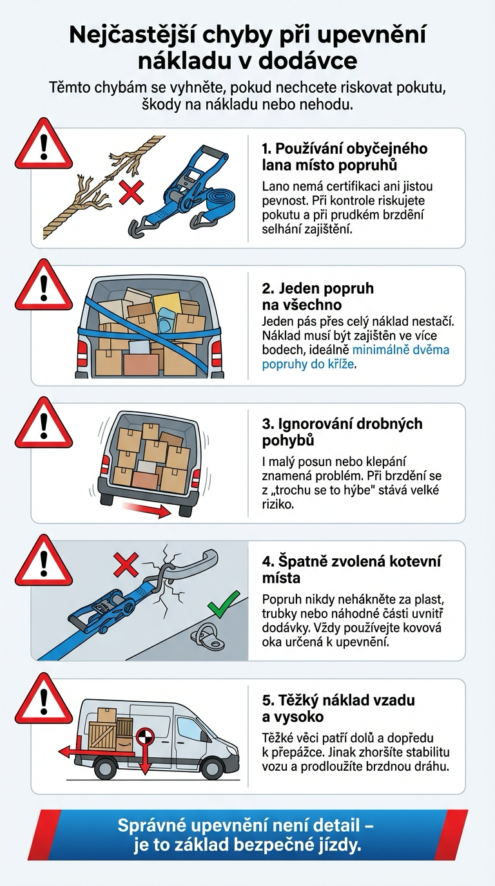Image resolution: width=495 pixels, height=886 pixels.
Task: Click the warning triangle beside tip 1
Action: pyautogui.click(x=43, y=146)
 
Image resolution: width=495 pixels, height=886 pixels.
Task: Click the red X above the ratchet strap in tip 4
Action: pyautogui.click(x=125, y=566)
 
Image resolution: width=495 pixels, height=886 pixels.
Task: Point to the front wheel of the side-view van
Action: pyautogui.click(x=211, y=768)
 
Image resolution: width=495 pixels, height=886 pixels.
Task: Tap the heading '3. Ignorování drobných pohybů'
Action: pyautogui.click(x=342, y=431)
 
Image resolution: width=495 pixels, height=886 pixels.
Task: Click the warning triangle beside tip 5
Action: pyautogui.click(x=43, y=702)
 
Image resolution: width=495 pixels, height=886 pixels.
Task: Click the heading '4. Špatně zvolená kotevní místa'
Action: pyautogui.click(x=351, y=569)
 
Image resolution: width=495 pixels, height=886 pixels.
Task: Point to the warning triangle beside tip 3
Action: pyautogui.click(x=43, y=425)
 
